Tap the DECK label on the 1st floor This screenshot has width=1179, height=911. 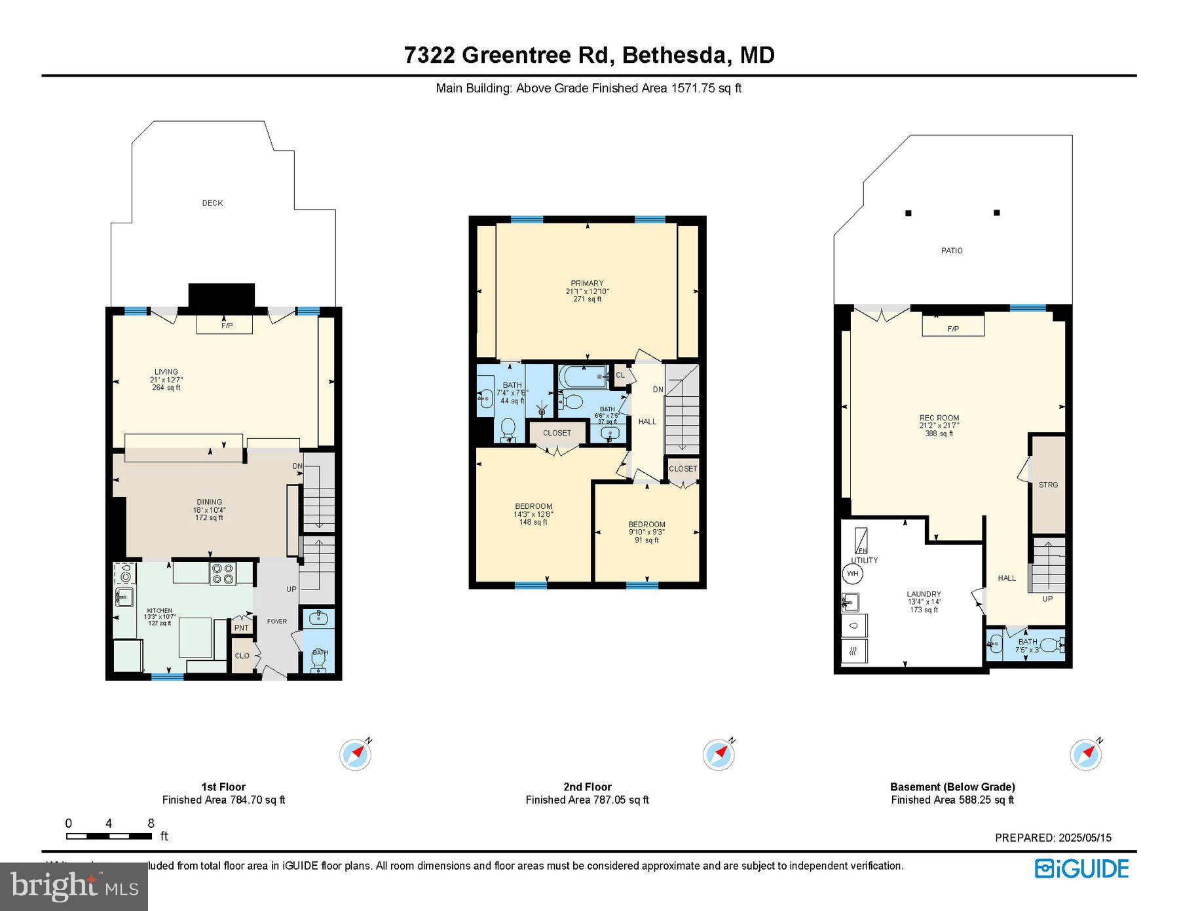212,203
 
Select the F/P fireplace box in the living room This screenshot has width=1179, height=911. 225,325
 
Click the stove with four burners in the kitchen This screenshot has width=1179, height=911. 223,574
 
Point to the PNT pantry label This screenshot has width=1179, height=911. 241,627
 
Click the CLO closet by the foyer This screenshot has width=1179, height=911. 242,656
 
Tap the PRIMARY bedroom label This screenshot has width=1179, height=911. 587,284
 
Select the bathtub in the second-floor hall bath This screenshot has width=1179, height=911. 582,377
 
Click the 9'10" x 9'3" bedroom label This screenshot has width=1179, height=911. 646,532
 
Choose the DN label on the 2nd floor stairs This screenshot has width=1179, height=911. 658,389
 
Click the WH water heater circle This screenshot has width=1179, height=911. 852,574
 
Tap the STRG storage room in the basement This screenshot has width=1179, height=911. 1048,485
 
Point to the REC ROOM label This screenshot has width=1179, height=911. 939,418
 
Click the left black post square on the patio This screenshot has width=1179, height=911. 908,213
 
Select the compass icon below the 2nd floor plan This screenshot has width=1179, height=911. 718,754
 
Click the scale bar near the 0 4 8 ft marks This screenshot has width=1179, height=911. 109,836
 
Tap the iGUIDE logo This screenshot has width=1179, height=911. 1081,868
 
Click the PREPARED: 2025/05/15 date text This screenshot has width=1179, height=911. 1053,838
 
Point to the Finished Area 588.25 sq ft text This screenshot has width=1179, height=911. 952,800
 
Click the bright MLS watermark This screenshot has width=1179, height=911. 74,886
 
